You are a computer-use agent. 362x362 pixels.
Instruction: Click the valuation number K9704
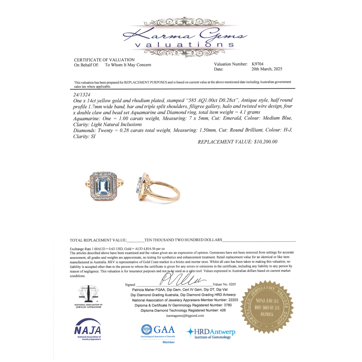pyautogui.click(x=260, y=64)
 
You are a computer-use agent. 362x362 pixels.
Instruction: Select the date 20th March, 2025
pyautogui.click(x=266, y=69)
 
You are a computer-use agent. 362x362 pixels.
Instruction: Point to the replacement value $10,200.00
pyautogui.click(x=237, y=142)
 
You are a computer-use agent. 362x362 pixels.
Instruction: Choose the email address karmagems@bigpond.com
pyautogui.click(x=185, y=316)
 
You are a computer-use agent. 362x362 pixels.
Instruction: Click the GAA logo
pyautogui.click(x=158, y=331)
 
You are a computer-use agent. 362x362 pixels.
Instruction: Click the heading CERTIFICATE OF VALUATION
pyautogui.click(x=104, y=60)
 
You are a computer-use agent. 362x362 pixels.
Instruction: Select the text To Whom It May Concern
pyautogui.click(x=128, y=65)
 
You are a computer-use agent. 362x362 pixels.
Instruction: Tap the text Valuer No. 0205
pyautogui.click(x=225, y=285)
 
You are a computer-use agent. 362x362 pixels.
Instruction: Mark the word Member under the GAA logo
pyautogui.click(x=168, y=342)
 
